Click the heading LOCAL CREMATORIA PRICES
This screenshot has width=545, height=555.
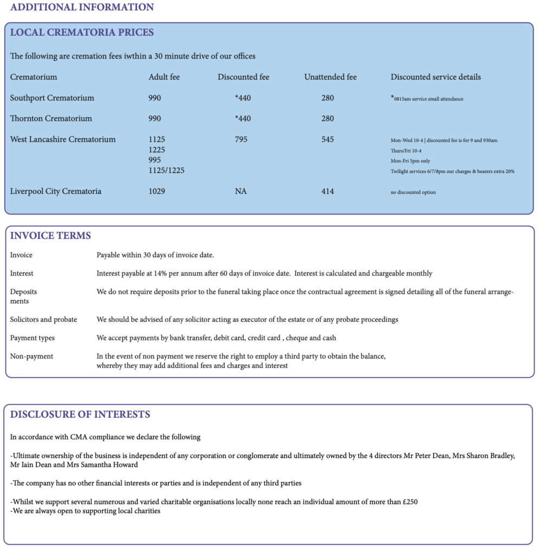[x=82, y=33]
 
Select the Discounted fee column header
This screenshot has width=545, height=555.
[x=243, y=77]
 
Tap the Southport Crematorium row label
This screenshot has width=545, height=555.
[x=52, y=98]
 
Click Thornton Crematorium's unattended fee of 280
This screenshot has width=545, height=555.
[x=327, y=119]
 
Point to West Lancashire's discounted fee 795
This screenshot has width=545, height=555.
[x=241, y=139]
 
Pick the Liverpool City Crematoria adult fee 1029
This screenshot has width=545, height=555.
[x=157, y=191]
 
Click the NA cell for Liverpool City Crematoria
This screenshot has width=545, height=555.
[x=241, y=191]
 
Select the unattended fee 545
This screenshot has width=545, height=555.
[x=327, y=139]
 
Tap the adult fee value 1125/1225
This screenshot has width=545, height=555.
[x=166, y=171]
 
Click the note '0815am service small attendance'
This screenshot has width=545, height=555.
[x=428, y=99]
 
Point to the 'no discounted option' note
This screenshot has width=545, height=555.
[x=413, y=192]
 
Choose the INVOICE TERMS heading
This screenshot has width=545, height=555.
[x=50, y=236]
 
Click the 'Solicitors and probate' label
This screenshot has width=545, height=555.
[x=43, y=319]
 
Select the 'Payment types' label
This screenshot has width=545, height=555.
[x=33, y=338]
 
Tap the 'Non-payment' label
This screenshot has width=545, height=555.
[x=31, y=356]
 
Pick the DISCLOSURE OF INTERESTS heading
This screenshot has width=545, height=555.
[x=80, y=415]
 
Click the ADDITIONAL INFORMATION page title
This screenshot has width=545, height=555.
[x=82, y=7]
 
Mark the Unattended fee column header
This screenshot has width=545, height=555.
[x=330, y=77]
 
